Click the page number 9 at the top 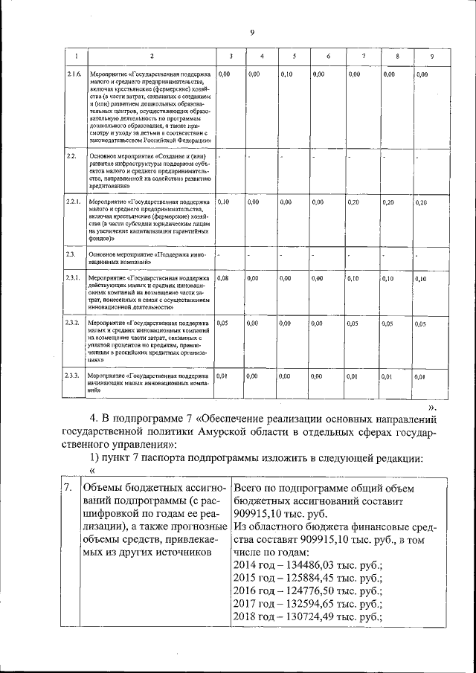[252, 32]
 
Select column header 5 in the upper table [295, 57]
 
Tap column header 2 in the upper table [151, 57]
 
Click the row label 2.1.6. [74, 74]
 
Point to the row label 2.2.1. [74, 202]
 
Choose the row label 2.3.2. [74, 323]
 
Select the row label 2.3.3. [74, 376]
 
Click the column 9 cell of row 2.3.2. [421, 324]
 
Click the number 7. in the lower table [68, 488]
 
